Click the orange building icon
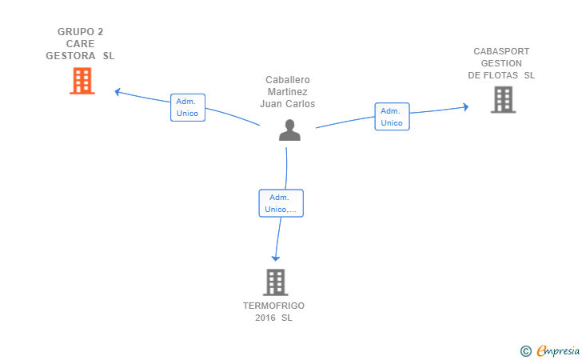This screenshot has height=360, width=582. pos(82,81)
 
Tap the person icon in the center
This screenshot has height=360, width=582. pos(289,130)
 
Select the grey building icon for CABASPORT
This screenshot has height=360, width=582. pos(504,99)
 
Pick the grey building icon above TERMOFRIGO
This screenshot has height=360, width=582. pos(276,282)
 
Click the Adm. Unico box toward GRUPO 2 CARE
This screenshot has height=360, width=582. pos(188,107)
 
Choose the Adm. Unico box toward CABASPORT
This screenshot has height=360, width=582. pos(392,117)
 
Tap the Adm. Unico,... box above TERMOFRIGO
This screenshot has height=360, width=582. pos(281,203)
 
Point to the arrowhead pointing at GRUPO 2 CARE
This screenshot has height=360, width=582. pos(118,92)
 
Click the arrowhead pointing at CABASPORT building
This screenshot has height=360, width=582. pos(466,107)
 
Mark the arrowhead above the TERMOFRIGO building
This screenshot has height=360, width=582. pos(275,258)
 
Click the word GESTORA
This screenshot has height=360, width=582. pos(70,56)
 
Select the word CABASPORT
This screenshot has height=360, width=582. pos(501,51)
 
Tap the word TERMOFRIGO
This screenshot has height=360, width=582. pos(273,306)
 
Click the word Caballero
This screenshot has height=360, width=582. pos(288,80)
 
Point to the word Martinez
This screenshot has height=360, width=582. pos(288,92)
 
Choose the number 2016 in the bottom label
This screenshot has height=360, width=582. pos(265,318)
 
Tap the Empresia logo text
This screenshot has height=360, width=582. pos(558,350)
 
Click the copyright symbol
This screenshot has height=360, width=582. pos(525,351)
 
